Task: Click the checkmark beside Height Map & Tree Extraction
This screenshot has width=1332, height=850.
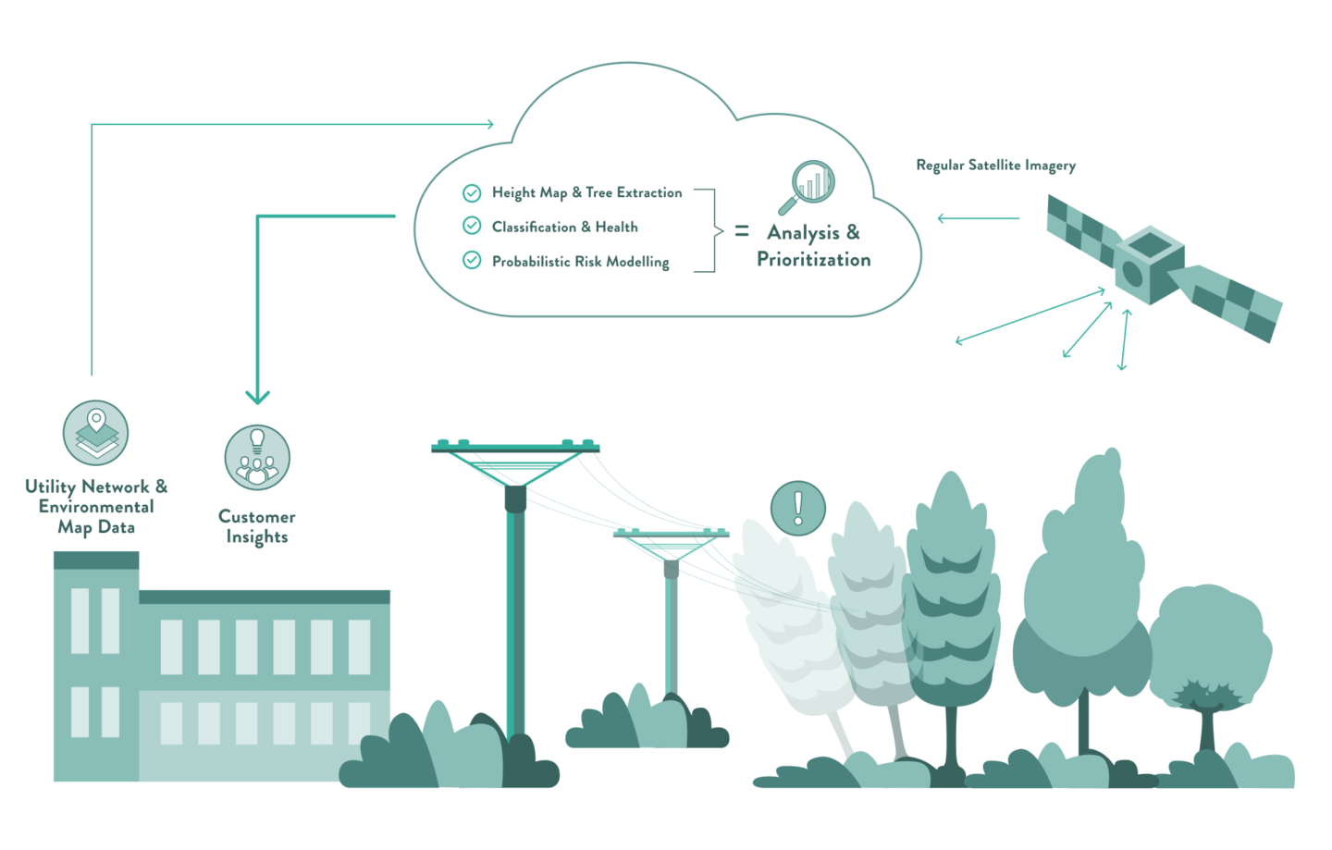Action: [472, 193]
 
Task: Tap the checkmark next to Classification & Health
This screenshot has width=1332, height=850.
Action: [472, 226]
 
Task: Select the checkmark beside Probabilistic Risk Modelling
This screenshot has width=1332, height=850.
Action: [472, 260]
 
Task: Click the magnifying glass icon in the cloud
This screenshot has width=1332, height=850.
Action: [807, 187]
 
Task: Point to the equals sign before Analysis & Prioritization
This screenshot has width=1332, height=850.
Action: [742, 230]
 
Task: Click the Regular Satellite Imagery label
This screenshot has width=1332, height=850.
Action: [996, 166]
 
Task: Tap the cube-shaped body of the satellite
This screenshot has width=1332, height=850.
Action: [1149, 265]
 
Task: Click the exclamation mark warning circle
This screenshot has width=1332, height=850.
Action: [798, 508]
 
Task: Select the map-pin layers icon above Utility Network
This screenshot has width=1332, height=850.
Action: [96, 433]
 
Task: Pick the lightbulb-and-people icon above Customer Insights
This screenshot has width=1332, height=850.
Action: [257, 457]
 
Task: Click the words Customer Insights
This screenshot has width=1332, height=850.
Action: [257, 526]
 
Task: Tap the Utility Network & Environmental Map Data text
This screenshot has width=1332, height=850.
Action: [96, 507]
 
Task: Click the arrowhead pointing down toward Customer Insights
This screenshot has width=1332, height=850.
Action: [257, 398]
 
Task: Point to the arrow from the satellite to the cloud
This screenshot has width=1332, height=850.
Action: [979, 218]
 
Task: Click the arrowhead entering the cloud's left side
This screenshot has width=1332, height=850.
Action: [490, 124]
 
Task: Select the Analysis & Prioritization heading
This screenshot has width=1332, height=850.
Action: [813, 245]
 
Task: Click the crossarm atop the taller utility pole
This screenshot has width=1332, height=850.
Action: [515, 447]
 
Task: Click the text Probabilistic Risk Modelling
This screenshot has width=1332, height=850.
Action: [580, 262]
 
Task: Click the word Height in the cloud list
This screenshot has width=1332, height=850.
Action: [513, 193]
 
